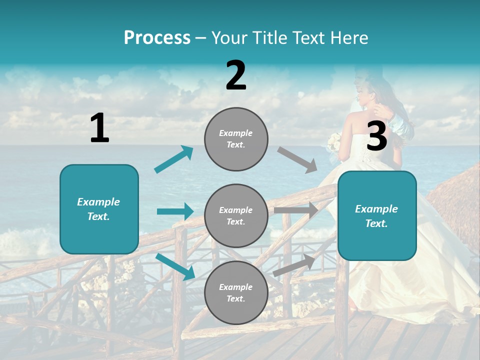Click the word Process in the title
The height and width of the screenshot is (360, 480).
(x=157, y=38)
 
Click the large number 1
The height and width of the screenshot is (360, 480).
(x=99, y=128)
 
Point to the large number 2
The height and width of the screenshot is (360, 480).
(x=236, y=76)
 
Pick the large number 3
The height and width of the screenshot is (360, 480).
(x=377, y=136)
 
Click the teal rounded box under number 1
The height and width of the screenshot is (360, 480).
(x=99, y=209)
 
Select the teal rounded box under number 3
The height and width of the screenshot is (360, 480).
(x=377, y=215)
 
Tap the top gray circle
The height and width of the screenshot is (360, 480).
(x=236, y=139)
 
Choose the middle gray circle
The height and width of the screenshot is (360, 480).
(x=236, y=215)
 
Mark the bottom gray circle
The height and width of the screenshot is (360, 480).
(x=236, y=292)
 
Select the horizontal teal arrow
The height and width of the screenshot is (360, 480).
(x=175, y=211)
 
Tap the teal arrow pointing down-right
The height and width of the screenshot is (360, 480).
(x=175, y=266)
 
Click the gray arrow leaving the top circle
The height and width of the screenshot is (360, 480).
(x=297, y=159)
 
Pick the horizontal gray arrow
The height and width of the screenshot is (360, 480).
(x=296, y=210)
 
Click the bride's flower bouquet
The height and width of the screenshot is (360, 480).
(x=333, y=142)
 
